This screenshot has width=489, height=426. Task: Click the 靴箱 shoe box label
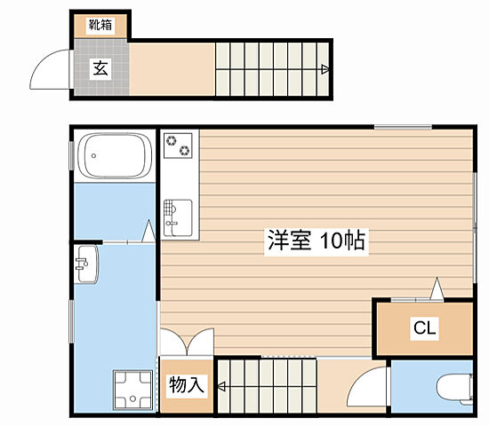(100, 26)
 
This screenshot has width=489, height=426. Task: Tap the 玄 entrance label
(100, 68)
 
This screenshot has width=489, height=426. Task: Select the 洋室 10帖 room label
(317, 241)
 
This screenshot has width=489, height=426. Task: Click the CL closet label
(424, 328)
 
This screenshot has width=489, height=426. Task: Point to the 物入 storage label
(187, 385)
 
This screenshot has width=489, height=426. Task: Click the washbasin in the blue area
(86, 264)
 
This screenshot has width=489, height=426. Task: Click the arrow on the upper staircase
(327, 68)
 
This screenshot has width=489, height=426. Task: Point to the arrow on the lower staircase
(220, 386)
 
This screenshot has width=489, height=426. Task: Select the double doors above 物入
(187, 342)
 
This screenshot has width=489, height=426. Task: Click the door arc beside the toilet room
(366, 386)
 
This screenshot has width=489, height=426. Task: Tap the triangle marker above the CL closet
(436, 288)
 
